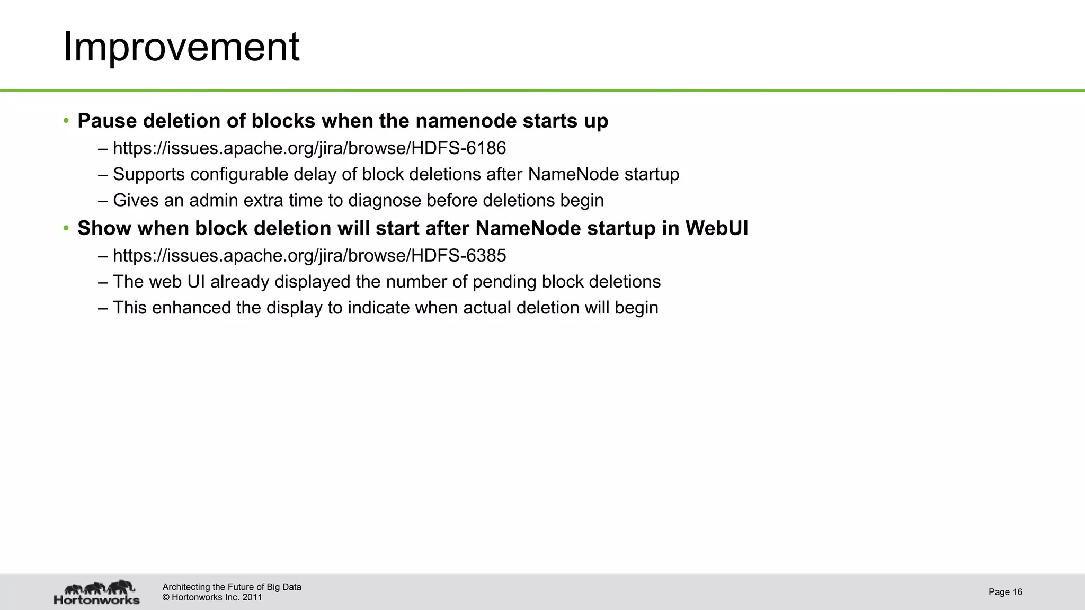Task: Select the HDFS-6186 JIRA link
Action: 309,148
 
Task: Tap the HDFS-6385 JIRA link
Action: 309,256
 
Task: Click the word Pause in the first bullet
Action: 107,121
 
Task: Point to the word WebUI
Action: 716,228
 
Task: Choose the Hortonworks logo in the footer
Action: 97,593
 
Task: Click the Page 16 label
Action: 1005,592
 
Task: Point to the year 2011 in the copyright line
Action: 252,598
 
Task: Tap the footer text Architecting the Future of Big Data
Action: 232,587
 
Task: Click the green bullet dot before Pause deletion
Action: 66,121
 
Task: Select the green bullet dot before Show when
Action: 66,228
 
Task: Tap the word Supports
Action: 149,175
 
